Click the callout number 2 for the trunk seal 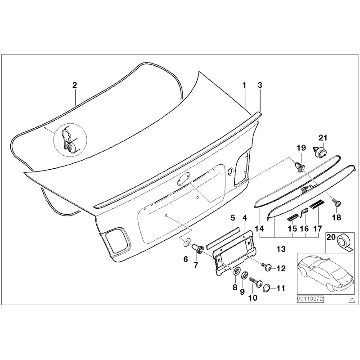(75, 85)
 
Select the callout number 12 (281, 269)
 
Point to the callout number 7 (195, 265)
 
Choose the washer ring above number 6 (185, 244)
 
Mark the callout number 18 (337, 218)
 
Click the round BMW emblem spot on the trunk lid (183, 179)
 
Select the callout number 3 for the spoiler (259, 85)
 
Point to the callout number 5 (233, 218)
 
